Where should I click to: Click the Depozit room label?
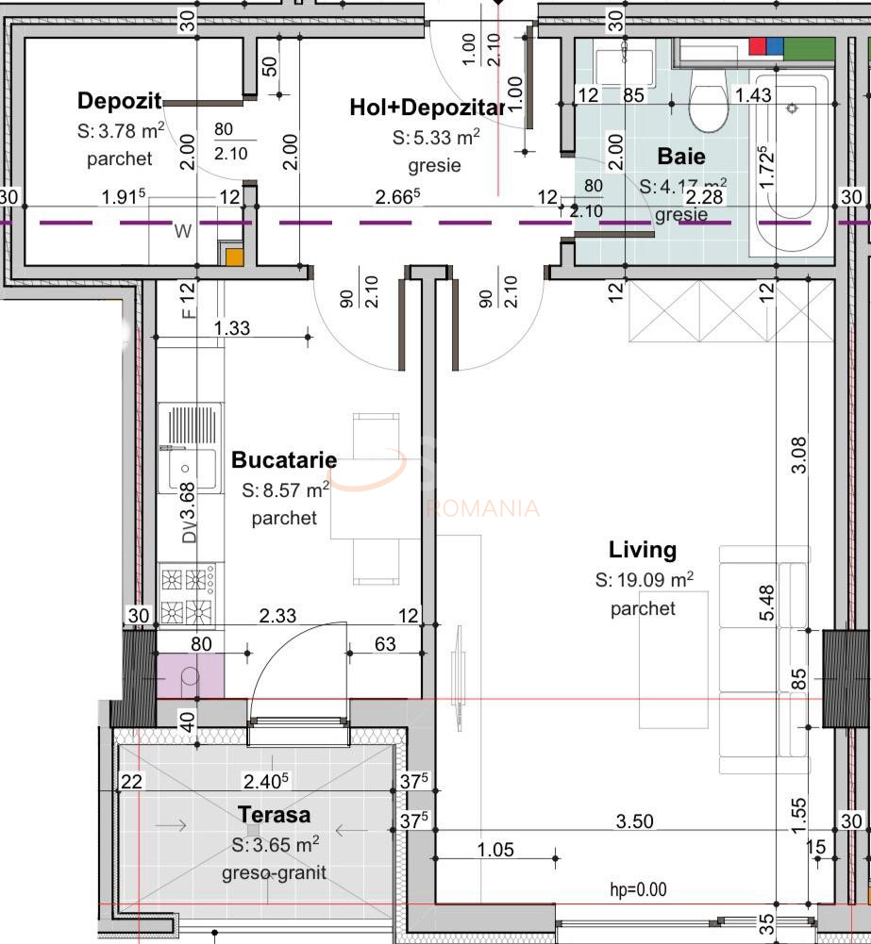click(x=120, y=101)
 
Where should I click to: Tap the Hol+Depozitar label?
click(x=427, y=108)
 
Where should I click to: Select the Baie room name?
click(x=681, y=157)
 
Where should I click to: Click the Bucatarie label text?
click(x=284, y=460)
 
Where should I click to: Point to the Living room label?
click(x=643, y=549)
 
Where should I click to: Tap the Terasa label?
click(x=274, y=814)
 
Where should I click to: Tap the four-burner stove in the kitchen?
click(x=187, y=595)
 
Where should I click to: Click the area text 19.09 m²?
click(x=645, y=580)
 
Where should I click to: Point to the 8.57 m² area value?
click(x=285, y=490)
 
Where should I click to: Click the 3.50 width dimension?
click(x=634, y=821)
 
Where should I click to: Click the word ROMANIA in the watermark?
click(x=482, y=508)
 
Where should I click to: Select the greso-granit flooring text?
click(x=274, y=872)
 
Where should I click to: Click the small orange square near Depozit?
click(x=233, y=256)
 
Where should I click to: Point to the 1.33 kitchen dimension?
click(x=232, y=327)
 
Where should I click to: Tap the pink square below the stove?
click(x=190, y=675)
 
